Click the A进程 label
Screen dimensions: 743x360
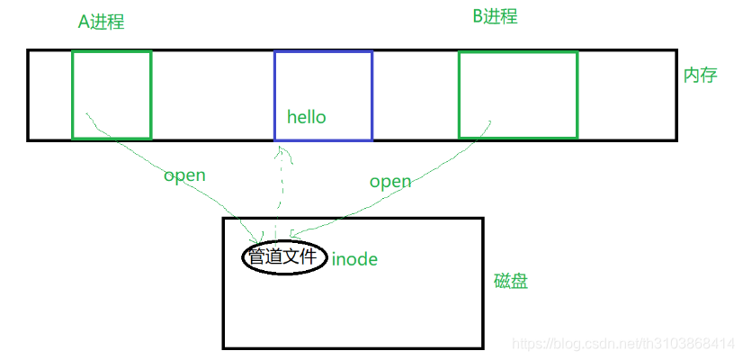coord(101,22)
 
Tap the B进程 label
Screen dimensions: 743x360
coord(495,16)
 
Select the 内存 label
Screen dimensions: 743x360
coord(700,75)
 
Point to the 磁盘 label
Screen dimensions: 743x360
coord(511,281)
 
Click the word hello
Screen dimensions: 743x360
coord(306,117)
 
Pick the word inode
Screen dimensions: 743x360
coord(354,259)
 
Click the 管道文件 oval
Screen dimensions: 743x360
coord(282,257)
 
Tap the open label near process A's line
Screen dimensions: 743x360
coord(184,175)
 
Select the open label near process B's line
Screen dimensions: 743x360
coord(390,181)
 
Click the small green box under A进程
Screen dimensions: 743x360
coord(112,94)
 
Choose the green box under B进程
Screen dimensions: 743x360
coord(517,94)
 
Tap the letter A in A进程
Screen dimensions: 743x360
coord(84,22)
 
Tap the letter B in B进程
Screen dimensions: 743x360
coord(478,16)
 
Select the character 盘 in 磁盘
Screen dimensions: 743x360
coord(519,281)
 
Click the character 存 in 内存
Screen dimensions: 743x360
coord(708,75)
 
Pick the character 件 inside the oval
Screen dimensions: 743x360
coord(309,257)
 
